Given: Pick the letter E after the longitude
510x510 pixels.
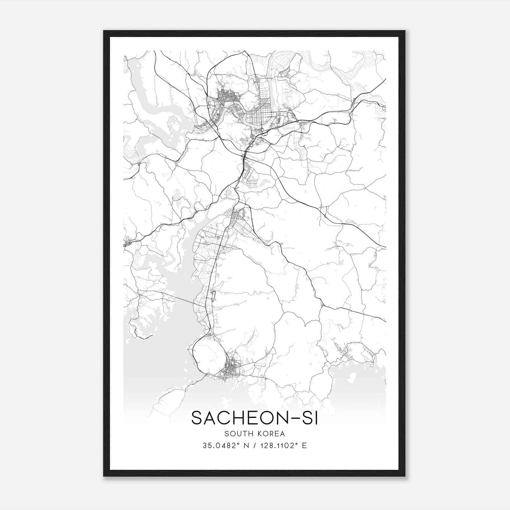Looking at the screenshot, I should pyautogui.click(x=304, y=445).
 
